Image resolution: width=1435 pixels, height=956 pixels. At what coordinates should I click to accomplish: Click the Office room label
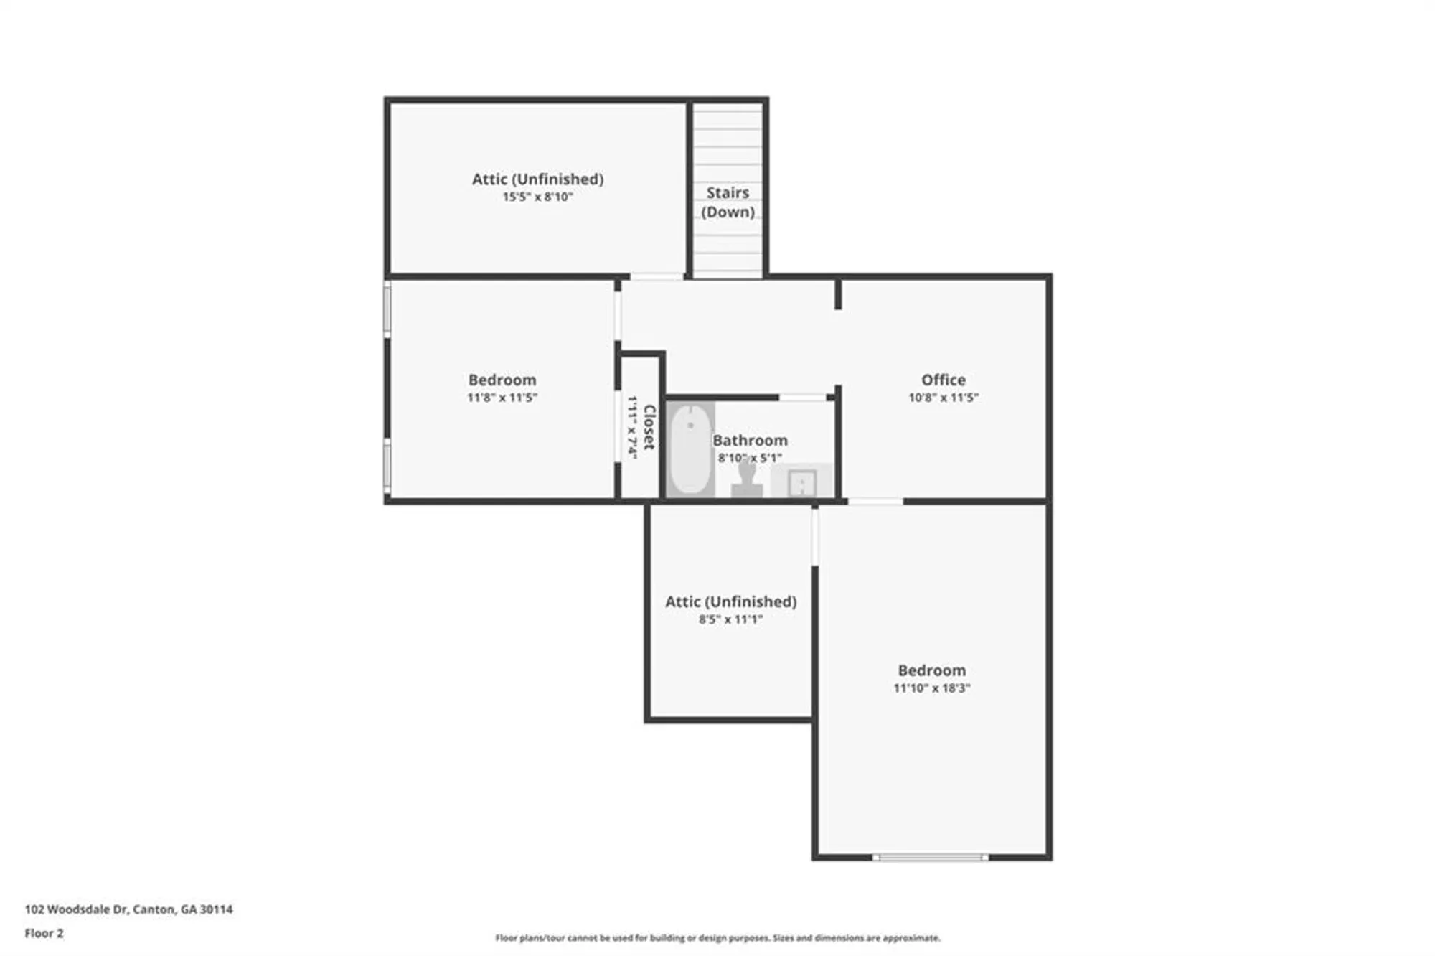tap(943, 380)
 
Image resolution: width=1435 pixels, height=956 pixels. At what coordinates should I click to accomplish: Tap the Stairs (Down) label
tap(728, 202)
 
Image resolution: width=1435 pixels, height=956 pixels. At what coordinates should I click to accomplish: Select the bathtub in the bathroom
tap(690, 449)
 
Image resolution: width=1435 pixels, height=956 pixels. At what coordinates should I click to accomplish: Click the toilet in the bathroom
tap(747, 479)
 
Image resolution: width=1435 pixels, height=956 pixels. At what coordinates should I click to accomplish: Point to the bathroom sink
tap(801, 482)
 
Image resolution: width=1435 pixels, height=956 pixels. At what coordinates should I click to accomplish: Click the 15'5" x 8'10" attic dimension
tap(537, 197)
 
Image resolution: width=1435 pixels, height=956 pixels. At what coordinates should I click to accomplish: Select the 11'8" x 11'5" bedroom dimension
tap(502, 398)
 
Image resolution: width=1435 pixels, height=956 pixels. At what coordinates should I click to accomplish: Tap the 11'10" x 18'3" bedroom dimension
tap(931, 688)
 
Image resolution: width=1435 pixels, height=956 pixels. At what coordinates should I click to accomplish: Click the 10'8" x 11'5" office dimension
tap(943, 398)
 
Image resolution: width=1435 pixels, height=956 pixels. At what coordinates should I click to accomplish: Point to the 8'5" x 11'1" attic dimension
tap(730, 619)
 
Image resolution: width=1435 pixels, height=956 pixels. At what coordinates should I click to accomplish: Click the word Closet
tap(649, 427)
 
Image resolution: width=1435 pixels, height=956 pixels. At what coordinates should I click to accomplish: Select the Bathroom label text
tap(750, 440)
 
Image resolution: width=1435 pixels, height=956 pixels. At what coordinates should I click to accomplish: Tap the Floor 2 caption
tap(44, 933)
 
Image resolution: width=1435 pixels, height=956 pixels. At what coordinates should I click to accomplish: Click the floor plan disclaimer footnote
tap(717, 938)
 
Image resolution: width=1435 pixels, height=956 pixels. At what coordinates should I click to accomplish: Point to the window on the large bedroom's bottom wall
tap(930, 857)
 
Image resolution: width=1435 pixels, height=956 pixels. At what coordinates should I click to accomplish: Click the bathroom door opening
tap(802, 397)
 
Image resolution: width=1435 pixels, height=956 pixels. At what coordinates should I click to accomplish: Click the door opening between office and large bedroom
tap(875, 501)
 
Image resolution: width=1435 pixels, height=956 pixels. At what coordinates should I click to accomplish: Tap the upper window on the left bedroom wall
tap(387, 309)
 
